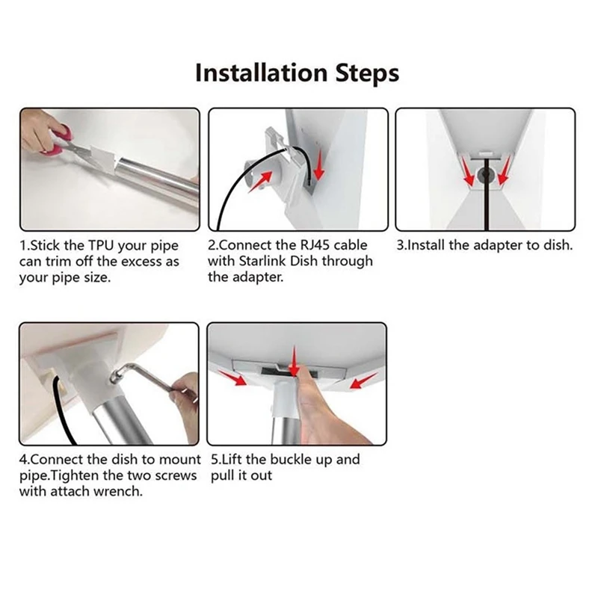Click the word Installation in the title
[261, 73]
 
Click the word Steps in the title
[367, 73]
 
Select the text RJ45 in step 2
[308, 245]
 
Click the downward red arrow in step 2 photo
[318, 164]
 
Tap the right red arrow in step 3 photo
[504, 172]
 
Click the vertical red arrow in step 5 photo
[294, 360]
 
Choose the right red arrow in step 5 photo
[363, 381]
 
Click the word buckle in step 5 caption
[293, 459]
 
